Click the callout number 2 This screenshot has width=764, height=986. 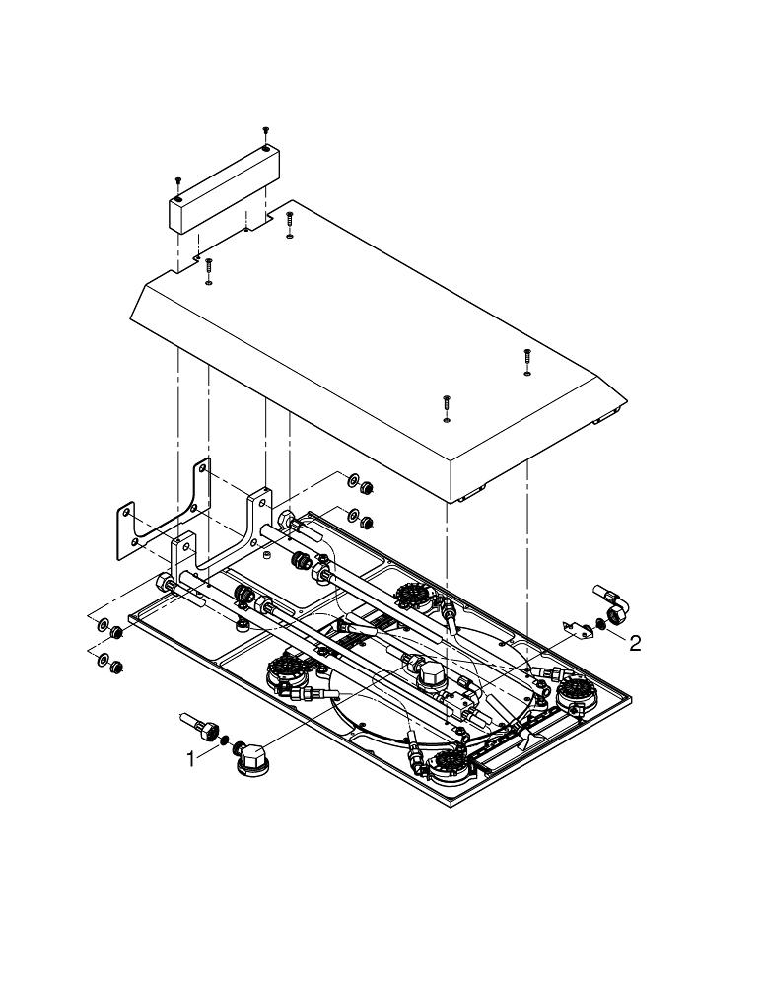tap(635, 643)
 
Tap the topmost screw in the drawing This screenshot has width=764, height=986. tap(265, 131)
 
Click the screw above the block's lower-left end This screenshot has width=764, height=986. tap(177, 181)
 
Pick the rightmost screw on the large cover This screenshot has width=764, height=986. tap(527, 356)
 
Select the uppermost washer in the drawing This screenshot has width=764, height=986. tap(352, 481)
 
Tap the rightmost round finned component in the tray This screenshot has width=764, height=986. tap(576, 695)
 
